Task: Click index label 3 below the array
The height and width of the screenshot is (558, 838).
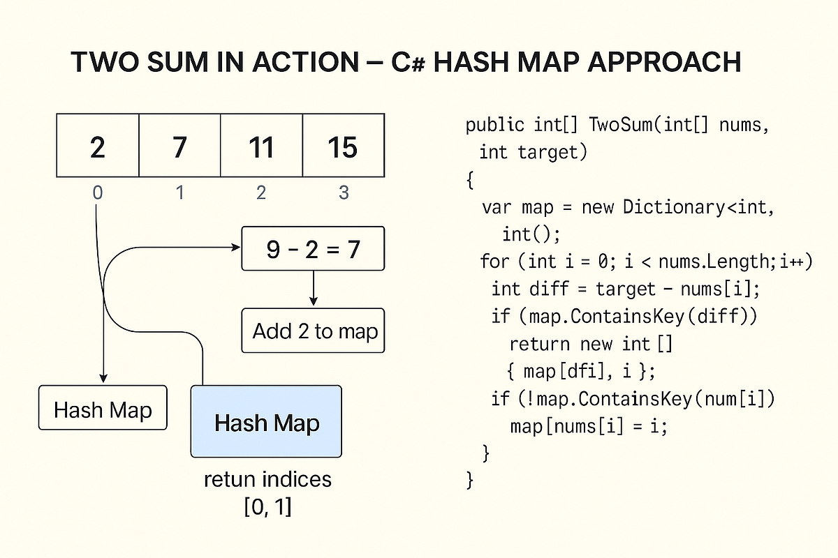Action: (x=343, y=192)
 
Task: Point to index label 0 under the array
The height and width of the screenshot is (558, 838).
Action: (x=98, y=192)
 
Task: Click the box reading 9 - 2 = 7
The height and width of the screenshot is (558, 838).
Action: (x=313, y=249)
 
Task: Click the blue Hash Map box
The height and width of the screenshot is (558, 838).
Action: (x=266, y=422)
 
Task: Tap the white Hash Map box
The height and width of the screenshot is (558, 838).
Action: (x=103, y=409)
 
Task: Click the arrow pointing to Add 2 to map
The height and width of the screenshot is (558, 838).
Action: (x=314, y=287)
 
